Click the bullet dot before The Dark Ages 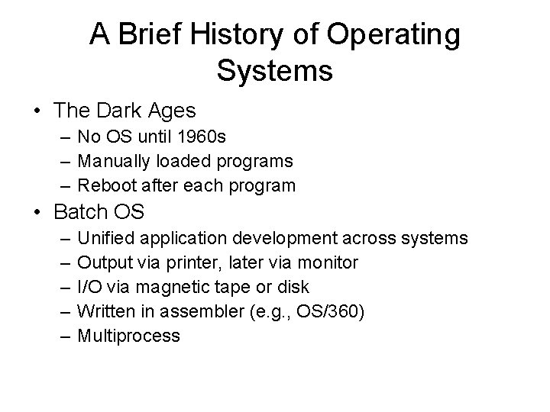[x=36, y=111]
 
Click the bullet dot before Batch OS [x=36, y=211]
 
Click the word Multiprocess [x=129, y=336]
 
